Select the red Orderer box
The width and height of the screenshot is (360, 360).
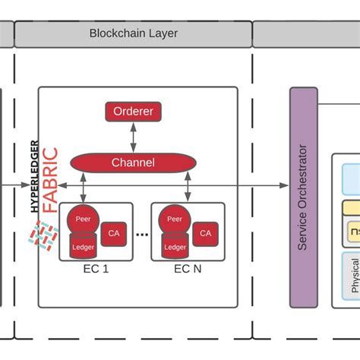pos(133,112)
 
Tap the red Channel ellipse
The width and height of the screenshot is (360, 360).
pos(133,163)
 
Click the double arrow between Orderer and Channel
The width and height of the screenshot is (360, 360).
pos(133,137)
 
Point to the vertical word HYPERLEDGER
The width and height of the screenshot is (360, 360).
pos(33,175)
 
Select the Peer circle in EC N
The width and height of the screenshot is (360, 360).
pos(175,220)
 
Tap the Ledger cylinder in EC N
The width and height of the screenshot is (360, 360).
pos(175,245)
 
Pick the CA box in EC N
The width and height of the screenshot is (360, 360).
pos(205,233)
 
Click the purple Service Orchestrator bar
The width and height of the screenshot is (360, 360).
pos(303,197)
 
